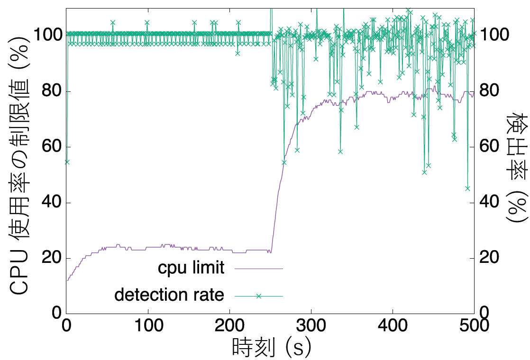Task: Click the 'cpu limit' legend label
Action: [191, 268]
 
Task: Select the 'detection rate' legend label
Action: [169, 295]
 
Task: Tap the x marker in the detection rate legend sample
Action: [259, 296]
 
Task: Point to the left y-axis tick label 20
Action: [49, 258]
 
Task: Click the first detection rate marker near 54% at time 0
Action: [67, 162]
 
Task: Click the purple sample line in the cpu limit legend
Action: [259, 269]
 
